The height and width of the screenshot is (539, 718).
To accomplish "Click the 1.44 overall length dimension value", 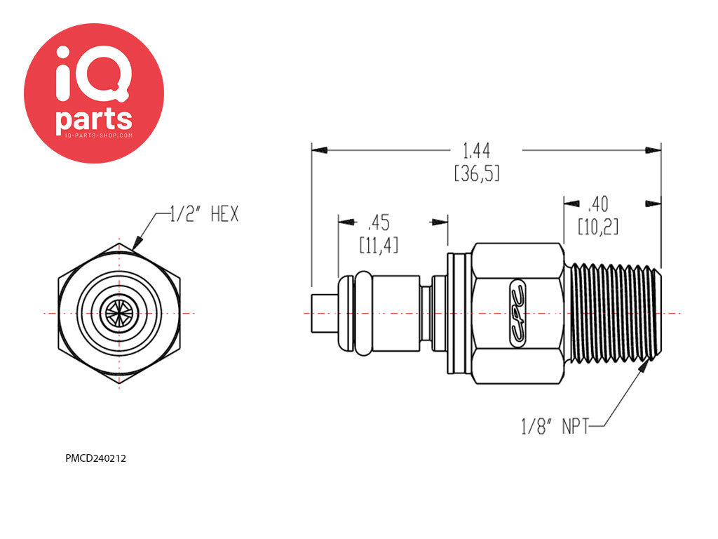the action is click(x=476, y=151).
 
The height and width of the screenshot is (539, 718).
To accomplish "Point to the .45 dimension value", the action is click(x=379, y=222).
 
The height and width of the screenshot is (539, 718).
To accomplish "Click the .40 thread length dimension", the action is click(x=598, y=204).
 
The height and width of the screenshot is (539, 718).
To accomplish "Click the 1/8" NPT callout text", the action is click(x=555, y=426).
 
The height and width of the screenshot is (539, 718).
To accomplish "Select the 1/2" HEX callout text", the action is click(x=204, y=214).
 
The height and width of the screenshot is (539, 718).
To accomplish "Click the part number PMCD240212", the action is click(x=95, y=458).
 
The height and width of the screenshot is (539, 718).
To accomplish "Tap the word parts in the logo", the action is click(x=94, y=119).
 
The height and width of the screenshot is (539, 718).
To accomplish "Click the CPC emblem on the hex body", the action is click(x=518, y=314).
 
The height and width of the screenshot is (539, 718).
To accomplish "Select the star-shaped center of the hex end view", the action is click(x=119, y=314).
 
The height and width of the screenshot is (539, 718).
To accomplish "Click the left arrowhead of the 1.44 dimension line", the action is click(x=320, y=150).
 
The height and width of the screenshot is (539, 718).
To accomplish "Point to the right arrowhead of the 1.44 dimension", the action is click(x=653, y=150).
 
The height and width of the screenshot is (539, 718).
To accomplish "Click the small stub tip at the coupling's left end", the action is click(x=324, y=314).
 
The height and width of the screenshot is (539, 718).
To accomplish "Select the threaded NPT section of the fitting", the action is click(x=613, y=313).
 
